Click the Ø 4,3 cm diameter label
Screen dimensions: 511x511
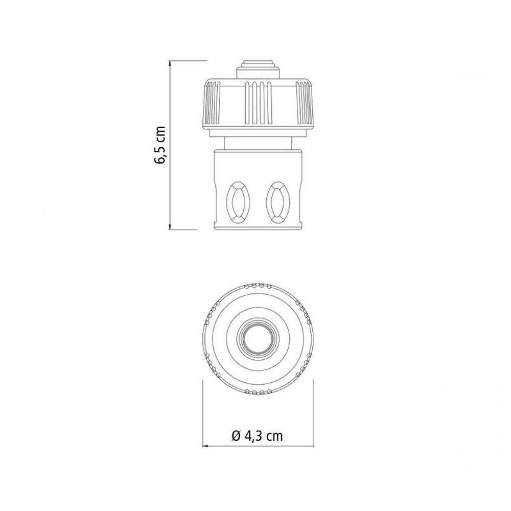(x=257, y=435)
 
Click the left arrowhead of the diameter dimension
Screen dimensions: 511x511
(x=205, y=446)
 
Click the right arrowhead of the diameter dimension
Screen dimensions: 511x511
(x=310, y=446)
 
